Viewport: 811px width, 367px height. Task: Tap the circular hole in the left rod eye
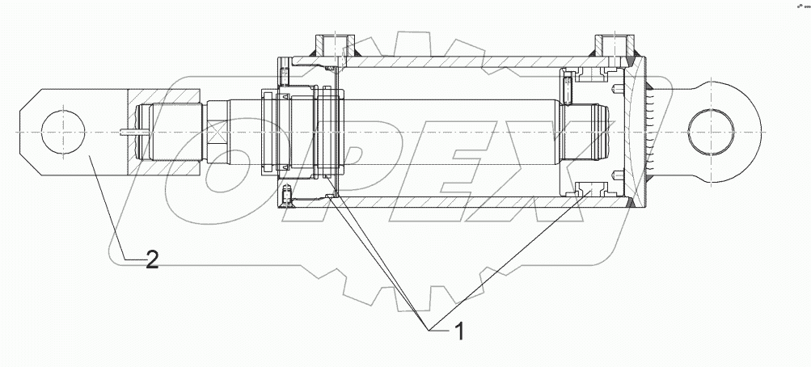[x=61, y=131]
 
